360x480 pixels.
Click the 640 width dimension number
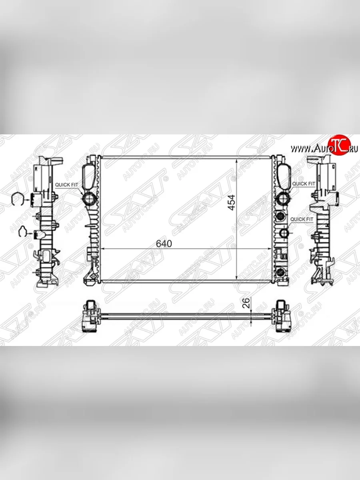164,244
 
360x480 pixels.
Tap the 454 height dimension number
231,202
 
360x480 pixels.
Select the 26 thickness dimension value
246,303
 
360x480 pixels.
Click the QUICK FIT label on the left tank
66,185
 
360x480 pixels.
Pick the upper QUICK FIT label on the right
304,184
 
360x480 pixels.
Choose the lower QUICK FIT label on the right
302,219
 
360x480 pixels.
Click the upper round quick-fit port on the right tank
283,199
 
